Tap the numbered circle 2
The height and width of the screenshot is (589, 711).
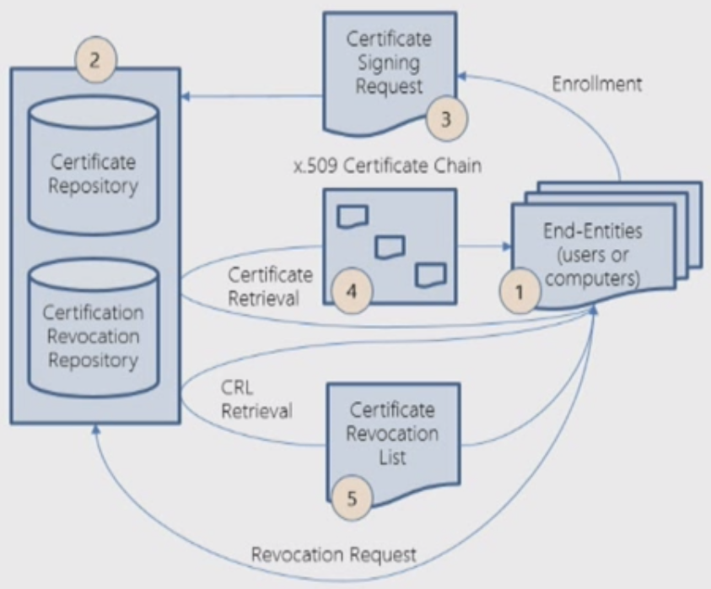94,60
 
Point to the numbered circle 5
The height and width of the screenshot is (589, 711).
353,499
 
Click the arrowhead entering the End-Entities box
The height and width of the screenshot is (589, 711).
509,247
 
